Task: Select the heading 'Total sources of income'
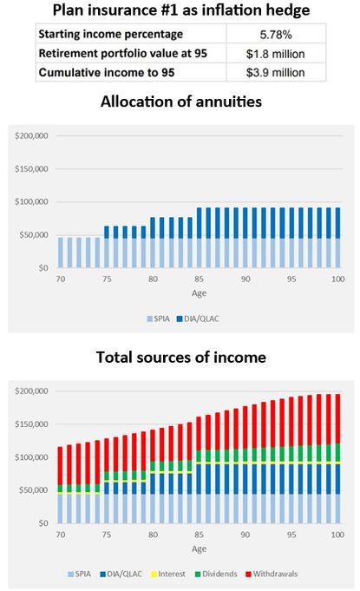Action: (x=180, y=357)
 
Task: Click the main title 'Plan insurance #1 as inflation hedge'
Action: (x=180, y=10)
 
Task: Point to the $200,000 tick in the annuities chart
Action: (x=32, y=136)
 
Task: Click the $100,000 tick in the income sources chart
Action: (x=32, y=457)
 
